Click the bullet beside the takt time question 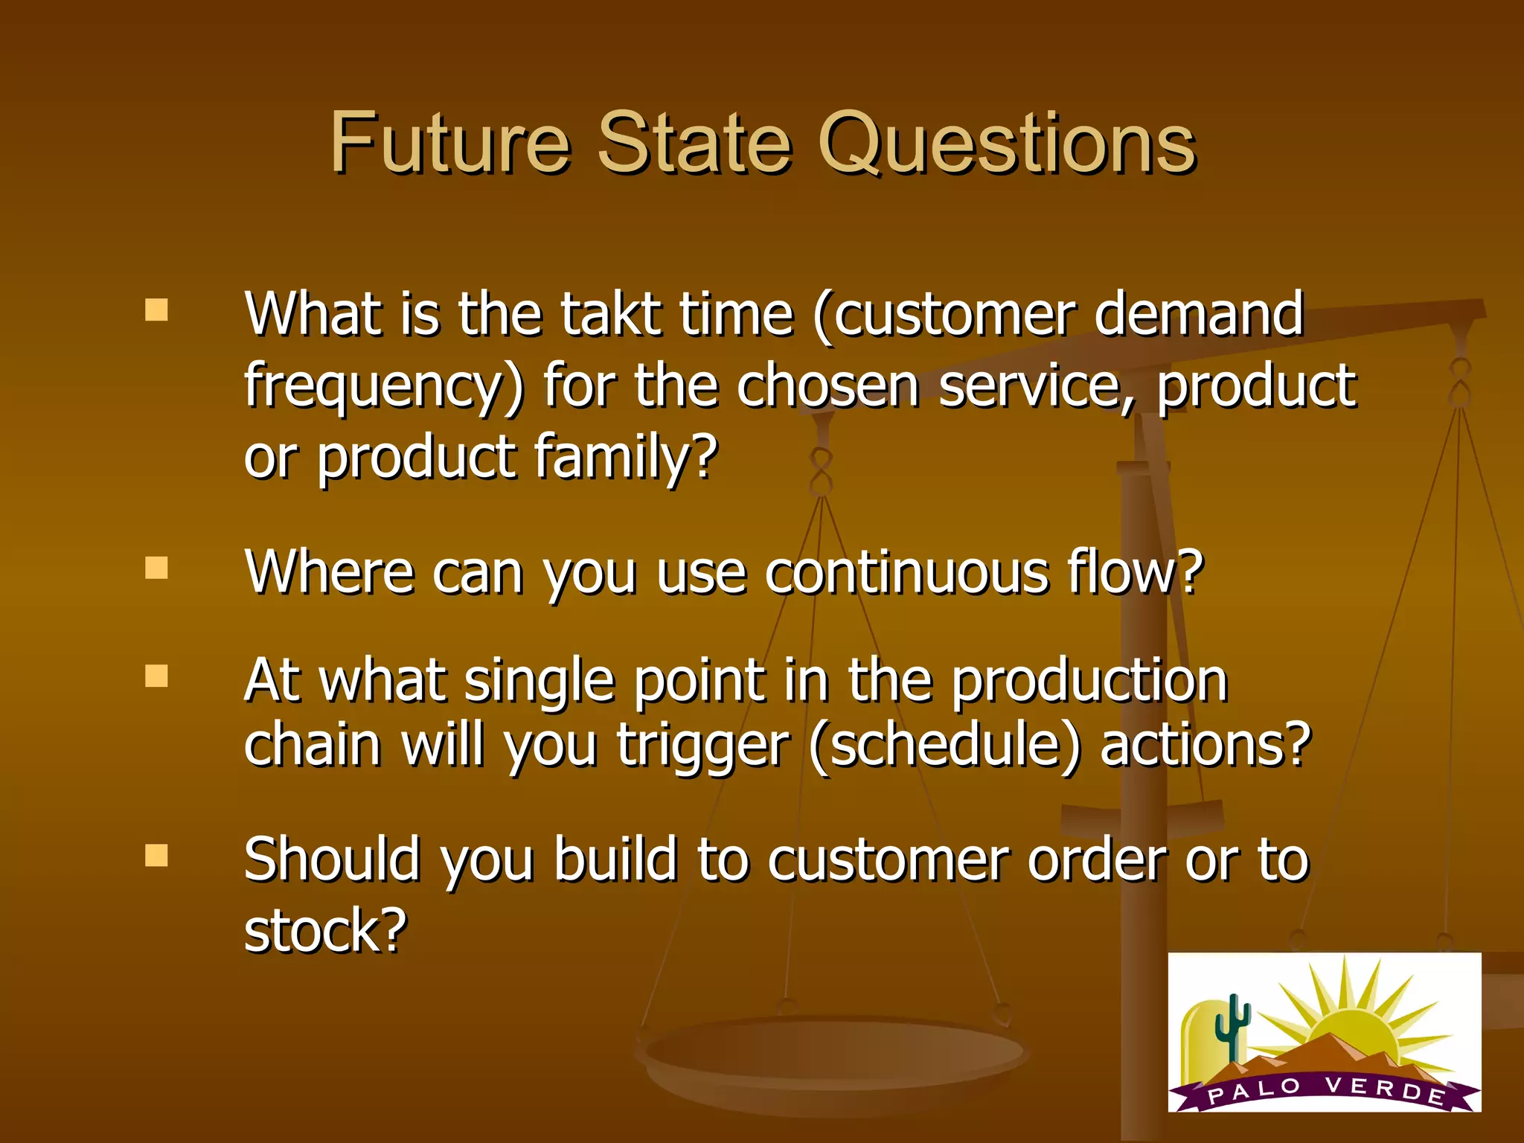tap(156, 310)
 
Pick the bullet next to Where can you tap(156, 569)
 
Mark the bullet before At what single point tap(156, 676)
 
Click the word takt tap(611, 314)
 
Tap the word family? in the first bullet tap(625, 456)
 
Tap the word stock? tap(326, 930)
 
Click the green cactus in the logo tap(1233, 1026)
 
